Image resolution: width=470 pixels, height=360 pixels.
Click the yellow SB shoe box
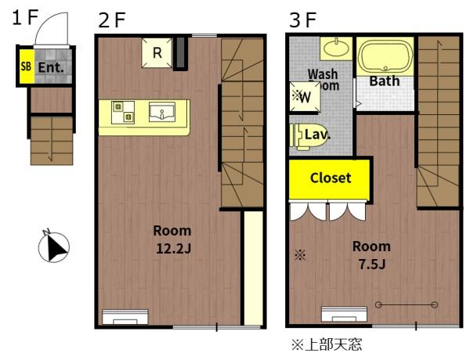tap(25, 67)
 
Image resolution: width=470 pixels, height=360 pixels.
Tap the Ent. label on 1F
tap(50, 68)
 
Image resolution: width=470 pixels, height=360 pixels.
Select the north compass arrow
tap(53, 247)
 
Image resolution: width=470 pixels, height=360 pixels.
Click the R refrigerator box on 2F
tap(157, 53)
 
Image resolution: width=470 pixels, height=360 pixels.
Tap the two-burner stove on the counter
tap(122, 111)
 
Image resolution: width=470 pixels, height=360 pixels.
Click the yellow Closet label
tap(330, 178)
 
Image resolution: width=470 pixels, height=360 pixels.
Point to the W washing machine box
tap(303, 96)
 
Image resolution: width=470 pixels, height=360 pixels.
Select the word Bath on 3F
tap(384, 81)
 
